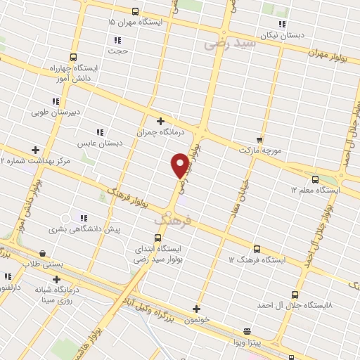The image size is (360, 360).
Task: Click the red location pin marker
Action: [180, 165]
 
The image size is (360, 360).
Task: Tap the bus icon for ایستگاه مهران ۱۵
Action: [135, 11]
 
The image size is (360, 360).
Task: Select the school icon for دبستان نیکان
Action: [282, 24]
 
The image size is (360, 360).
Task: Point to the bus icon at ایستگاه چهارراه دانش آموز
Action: [72, 57]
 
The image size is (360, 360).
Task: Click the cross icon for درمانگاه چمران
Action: [161, 120]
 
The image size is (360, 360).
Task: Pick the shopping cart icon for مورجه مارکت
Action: [259, 139]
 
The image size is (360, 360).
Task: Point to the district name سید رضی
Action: [230, 44]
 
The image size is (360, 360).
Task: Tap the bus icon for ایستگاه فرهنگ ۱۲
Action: [256, 248]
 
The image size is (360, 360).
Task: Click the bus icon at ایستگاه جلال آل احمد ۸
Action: [294, 295]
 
